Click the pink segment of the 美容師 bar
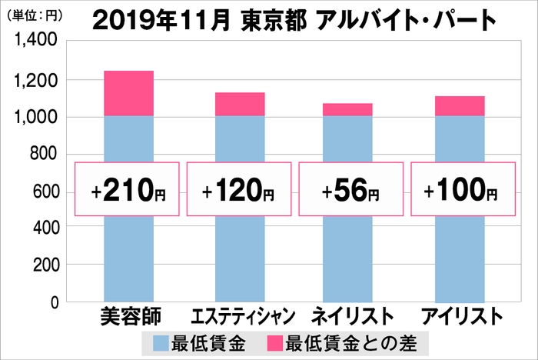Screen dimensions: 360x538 128,93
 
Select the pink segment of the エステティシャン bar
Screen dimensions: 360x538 240,105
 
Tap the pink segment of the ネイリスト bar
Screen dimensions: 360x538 347,110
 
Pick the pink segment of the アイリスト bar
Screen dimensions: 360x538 460,106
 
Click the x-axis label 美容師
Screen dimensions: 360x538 128,315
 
